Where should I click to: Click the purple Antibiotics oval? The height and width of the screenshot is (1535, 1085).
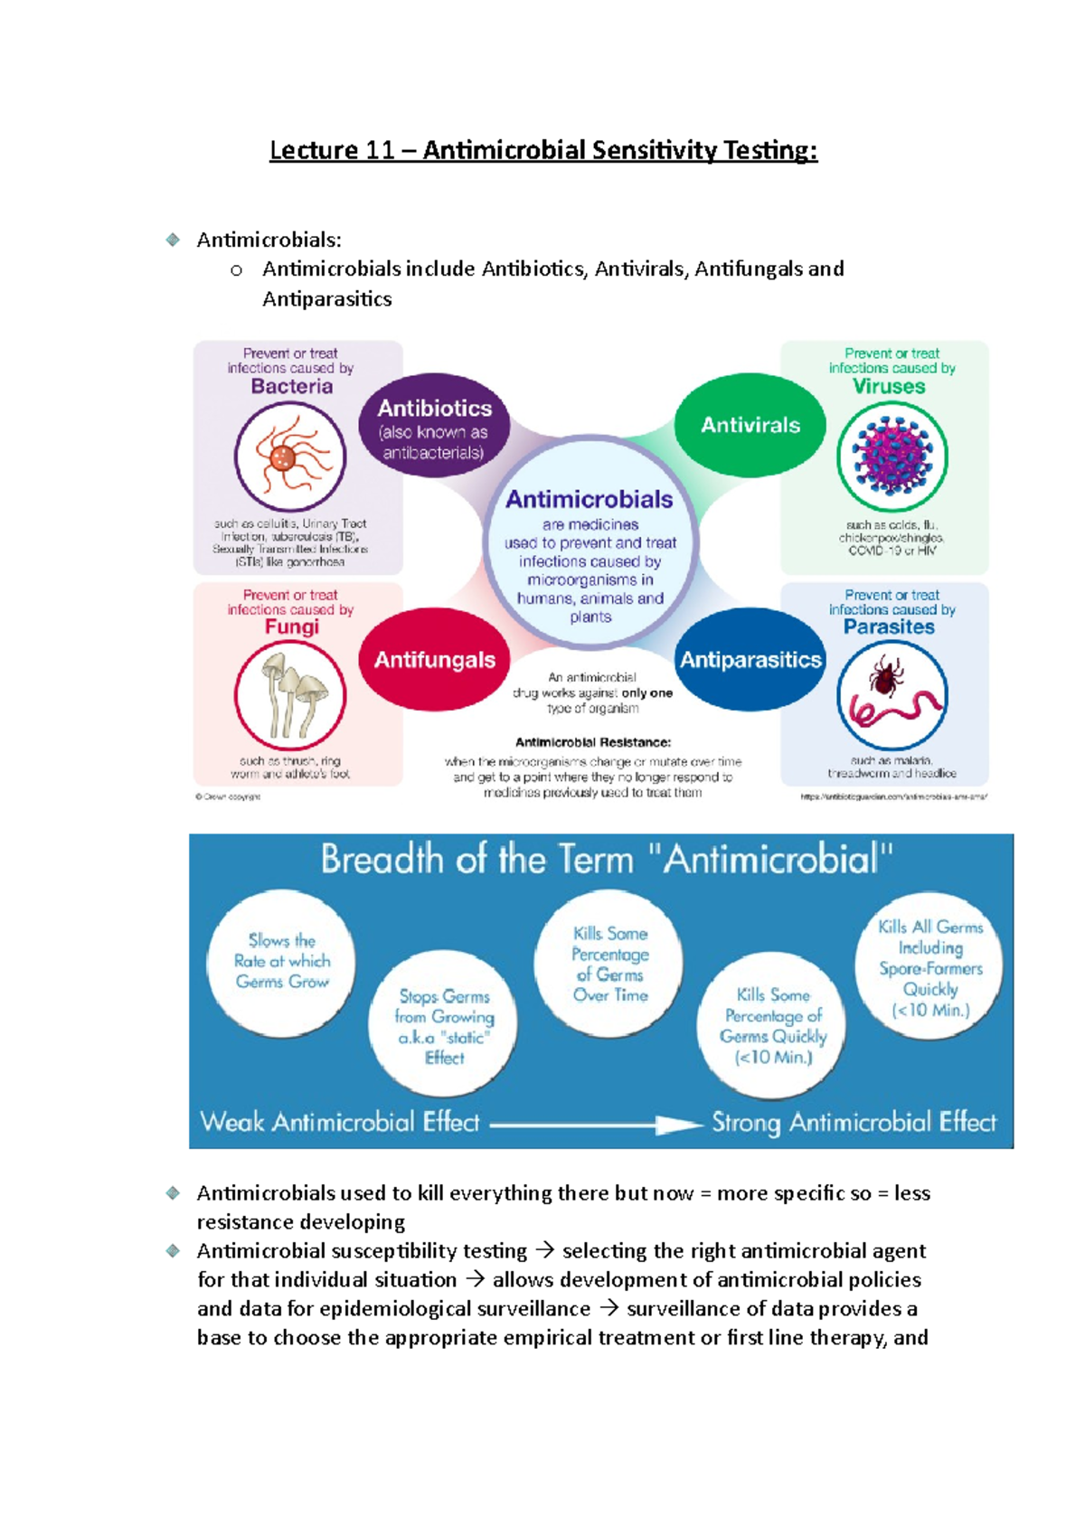tap(434, 426)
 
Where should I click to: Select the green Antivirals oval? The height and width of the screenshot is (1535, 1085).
tap(750, 425)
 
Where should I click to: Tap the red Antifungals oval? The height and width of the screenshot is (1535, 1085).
tap(434, 660)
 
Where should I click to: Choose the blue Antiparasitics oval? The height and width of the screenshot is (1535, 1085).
tap(750, 660)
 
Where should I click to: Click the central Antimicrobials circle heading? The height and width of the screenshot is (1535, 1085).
tap(589, 499)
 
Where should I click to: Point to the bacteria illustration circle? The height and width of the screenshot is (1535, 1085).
tap(289, 457)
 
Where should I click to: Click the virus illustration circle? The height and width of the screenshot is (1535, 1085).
tap(892, 457)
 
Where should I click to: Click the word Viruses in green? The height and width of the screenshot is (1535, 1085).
tap(889, 386)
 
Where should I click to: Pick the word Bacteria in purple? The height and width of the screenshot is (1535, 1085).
tap(291, 386)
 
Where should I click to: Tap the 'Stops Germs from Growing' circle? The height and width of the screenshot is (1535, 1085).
tap(444, 1026)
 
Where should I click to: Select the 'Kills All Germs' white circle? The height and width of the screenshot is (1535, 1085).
tap(929, 968)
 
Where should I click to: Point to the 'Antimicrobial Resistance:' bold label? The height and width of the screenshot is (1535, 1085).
tap(592, 742)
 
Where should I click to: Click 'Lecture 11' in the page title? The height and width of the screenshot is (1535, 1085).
tap(332, 149)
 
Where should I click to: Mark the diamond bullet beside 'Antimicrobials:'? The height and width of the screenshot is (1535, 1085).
tap(173, 240)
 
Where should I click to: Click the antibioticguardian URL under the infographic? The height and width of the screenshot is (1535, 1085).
tap(893, 797)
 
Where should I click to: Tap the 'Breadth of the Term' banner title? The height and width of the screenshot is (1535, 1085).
tap(607, 859)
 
